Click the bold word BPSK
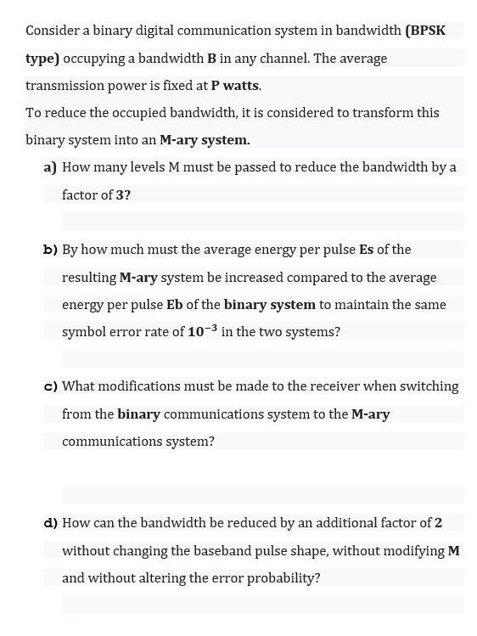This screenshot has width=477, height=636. click(x=427, y=31)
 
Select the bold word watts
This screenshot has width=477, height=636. click(x=241, y=86)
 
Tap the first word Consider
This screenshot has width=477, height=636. click(x=52, y=31)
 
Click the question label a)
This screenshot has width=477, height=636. click(x=50, y=167)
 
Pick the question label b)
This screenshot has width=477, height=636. click(x=50, y=250)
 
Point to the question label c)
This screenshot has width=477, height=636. click(x=50, y=386)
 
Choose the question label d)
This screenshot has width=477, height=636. click(x=50, y=523)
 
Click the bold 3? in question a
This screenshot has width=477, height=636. click(x=123, y=195)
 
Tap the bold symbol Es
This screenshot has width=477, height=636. click(x=367, y=250)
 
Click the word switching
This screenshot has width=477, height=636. click(x=428, y=386)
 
